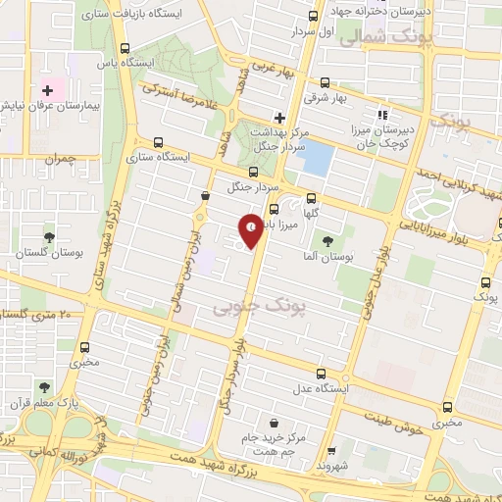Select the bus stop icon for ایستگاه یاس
tap(124, 47)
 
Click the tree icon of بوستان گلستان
tap(46, 238)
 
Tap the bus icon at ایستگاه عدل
tap(321, 374)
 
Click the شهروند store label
tap(333, 467)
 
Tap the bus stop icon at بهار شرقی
tap(325, 84)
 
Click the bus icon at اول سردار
tap(313, 16)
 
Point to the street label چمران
tap(59, 158)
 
